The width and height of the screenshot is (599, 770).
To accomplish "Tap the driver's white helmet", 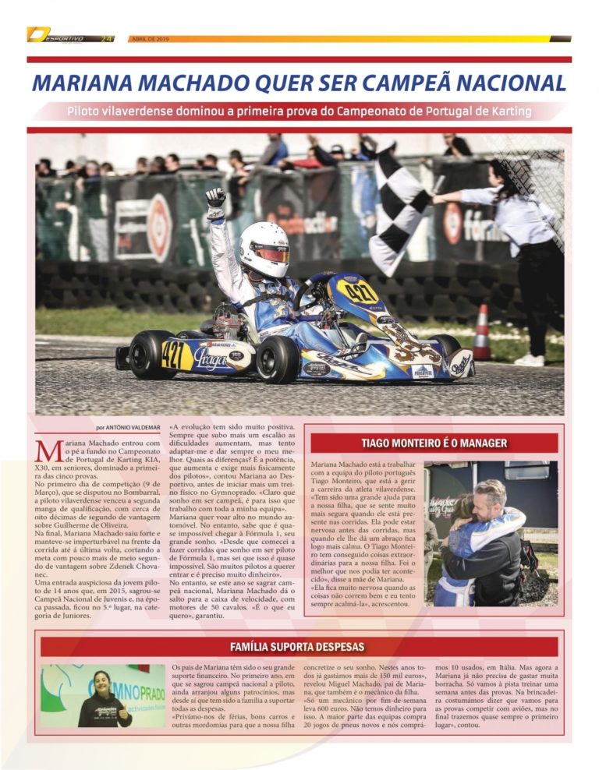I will (x=264, y=249).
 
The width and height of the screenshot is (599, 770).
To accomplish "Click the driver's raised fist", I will (x=215, y=198).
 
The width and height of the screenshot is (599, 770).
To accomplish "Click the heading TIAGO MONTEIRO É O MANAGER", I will (x=434, y=443).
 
